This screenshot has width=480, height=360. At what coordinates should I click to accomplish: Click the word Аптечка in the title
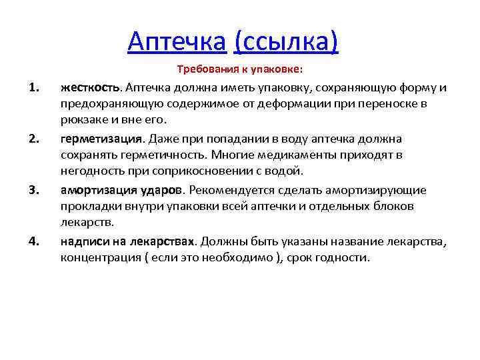click(x=177, y=41)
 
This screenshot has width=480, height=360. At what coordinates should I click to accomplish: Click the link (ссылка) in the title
click(x=286, y=41)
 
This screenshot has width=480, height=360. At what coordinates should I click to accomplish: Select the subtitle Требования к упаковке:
click(x=239, y=69)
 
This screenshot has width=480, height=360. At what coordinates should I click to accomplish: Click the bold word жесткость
click(x=89, y=88)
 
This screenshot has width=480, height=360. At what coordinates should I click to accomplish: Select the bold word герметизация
click(x=101, y=139)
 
